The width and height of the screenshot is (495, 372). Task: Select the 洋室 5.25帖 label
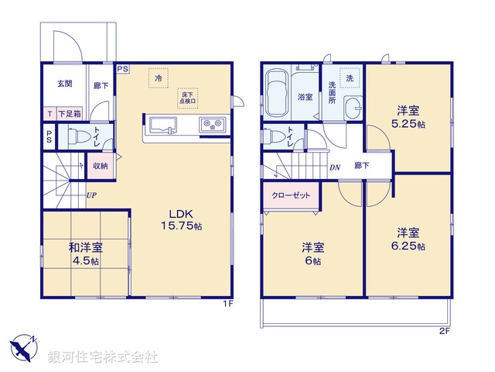click(409, 117)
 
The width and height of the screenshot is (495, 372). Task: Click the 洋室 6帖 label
click(312, 253)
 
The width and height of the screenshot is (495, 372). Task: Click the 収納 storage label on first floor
click(101, 166)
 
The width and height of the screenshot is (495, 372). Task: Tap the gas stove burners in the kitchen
click(213, 126)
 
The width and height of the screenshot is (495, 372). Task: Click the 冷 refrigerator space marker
click(159, 78)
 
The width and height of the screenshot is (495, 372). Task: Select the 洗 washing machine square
click(350, 78)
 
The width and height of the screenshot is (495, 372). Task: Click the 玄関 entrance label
click(64, 84)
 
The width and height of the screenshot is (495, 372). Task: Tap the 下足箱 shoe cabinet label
click(68, 113)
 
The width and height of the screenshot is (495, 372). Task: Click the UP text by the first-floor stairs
click(92, 195)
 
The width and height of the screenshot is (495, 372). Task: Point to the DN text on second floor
click(335, 166)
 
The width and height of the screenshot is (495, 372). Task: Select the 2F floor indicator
click(444, 330)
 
